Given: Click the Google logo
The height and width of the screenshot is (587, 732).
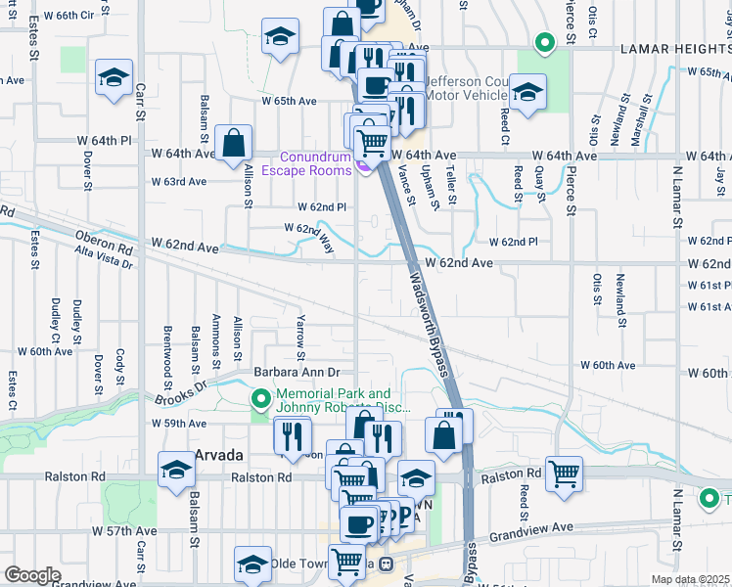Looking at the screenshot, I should (32, 575).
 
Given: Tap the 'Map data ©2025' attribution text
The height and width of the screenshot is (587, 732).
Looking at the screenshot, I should (690, 579).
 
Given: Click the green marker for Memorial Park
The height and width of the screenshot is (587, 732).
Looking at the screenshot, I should (261, 398).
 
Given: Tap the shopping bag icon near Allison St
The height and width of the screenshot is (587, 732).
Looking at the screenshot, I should (234, 143).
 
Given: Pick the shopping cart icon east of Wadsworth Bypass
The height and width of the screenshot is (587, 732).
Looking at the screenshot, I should (565, 474).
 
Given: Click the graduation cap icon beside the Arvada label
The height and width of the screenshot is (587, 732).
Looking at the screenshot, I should (176, 471).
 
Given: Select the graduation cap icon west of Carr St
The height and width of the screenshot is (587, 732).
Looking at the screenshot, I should (114, 77).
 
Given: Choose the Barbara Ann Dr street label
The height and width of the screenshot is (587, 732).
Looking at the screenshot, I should (297, 372).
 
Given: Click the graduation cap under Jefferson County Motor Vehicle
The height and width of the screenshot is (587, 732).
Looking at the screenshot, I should (527, 93).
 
